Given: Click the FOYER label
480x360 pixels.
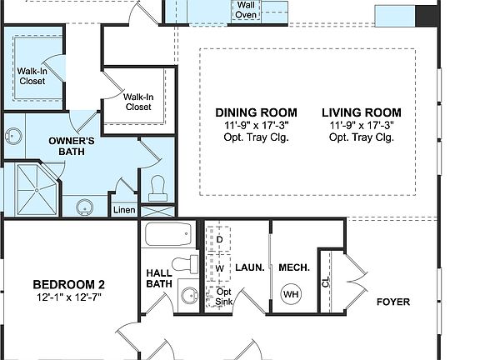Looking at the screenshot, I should [393, 302].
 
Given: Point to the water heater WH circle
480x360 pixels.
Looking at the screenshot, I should [291, 294].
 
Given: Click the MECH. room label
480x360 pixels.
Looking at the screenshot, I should [293, 267].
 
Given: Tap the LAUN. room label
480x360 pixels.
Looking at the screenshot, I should [250, 267].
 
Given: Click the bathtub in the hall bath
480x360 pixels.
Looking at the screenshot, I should [169, 234].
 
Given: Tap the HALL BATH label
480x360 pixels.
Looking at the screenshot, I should [158, 278].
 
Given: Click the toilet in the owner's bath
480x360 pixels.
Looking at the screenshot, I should [156, 190].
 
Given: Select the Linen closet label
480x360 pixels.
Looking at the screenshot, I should [123, 210].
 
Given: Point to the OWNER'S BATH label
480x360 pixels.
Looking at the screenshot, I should [71, 147].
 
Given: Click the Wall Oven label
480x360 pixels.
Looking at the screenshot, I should [245, 9].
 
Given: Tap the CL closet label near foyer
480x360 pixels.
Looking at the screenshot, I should [326, 282].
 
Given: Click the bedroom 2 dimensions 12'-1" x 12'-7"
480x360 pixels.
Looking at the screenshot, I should [68, 297].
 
